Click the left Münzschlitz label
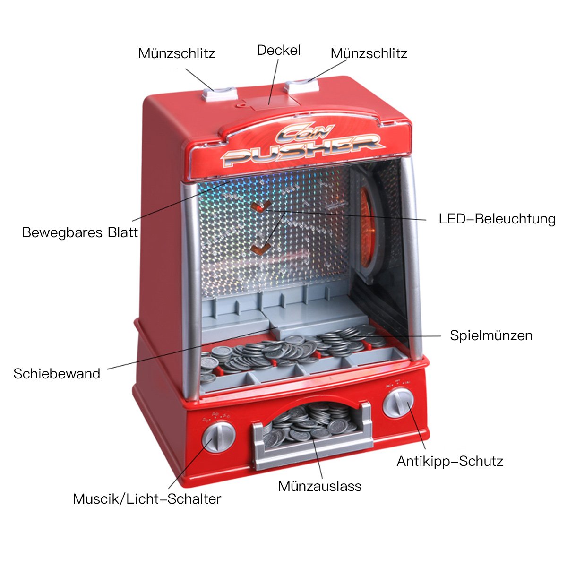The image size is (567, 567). click(177, 53)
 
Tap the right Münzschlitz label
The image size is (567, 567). click(369, 53)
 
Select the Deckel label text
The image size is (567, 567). click(279, 50)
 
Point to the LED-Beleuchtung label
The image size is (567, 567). click(497, 219)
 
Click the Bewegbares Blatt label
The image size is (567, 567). click(80, 232)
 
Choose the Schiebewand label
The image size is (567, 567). click(57, 374)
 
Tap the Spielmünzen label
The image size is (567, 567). click(491, 335)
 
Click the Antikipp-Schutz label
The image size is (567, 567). click(450, 461)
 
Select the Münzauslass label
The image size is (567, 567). click(319, 486)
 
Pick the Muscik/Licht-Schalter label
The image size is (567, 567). click(147, 499)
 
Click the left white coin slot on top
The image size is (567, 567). click(220, 94)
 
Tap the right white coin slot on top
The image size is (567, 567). click(302, 86)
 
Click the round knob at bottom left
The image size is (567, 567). click(218, 437)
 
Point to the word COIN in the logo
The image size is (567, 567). click(305, 132)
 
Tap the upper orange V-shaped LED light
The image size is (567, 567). click(261, 206)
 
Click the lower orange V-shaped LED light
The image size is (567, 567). click(261, 248)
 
